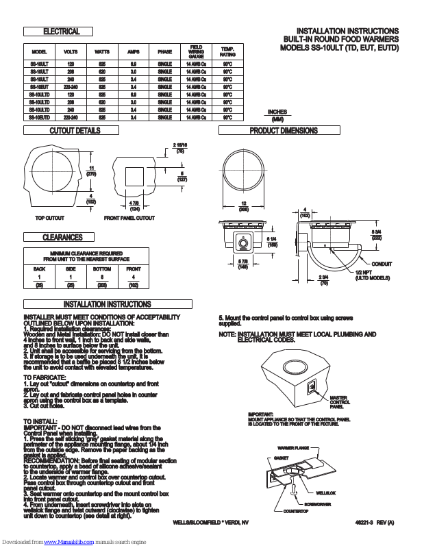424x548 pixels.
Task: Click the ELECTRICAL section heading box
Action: click(x=62, y=32)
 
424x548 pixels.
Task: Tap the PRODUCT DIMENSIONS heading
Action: click(x=284, y=131)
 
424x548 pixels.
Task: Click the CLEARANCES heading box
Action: click(x=62, y=238)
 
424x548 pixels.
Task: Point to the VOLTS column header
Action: click(x=71, y=52)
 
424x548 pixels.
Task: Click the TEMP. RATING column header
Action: click(x=227, y=52)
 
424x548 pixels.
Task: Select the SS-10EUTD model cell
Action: click(x=39, y=117)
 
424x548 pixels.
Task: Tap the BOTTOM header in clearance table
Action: click(x=102, y=269)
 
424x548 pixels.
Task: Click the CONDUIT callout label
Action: click(x=382, y=264)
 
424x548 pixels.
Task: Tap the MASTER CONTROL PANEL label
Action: click(x=340, y=402)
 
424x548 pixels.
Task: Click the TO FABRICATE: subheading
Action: click(x=45, y=377)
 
